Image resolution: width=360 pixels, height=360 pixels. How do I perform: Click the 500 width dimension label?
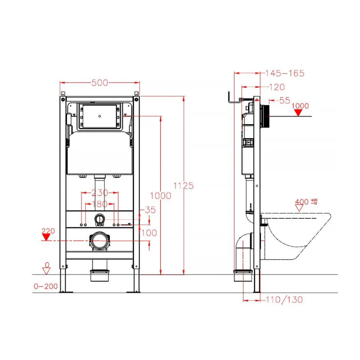tap(99, 83)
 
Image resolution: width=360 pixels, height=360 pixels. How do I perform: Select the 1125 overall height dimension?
tap(184, 185)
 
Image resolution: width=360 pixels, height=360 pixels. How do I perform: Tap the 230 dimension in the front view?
tap(99, 193)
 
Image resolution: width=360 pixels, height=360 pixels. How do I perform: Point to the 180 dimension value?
tap(99, 204)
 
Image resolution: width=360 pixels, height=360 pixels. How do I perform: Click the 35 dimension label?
tap(150, 210)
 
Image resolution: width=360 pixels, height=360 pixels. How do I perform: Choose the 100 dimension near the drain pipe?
tap(149, 233)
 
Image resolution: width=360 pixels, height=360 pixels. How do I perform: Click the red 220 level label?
tap(48, 231)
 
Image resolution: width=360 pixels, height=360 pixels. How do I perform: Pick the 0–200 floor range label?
tap(46, 286)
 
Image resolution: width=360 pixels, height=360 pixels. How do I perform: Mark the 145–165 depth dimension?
tap(285, 73)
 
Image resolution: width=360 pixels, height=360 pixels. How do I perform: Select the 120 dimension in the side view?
tap(277, 87)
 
